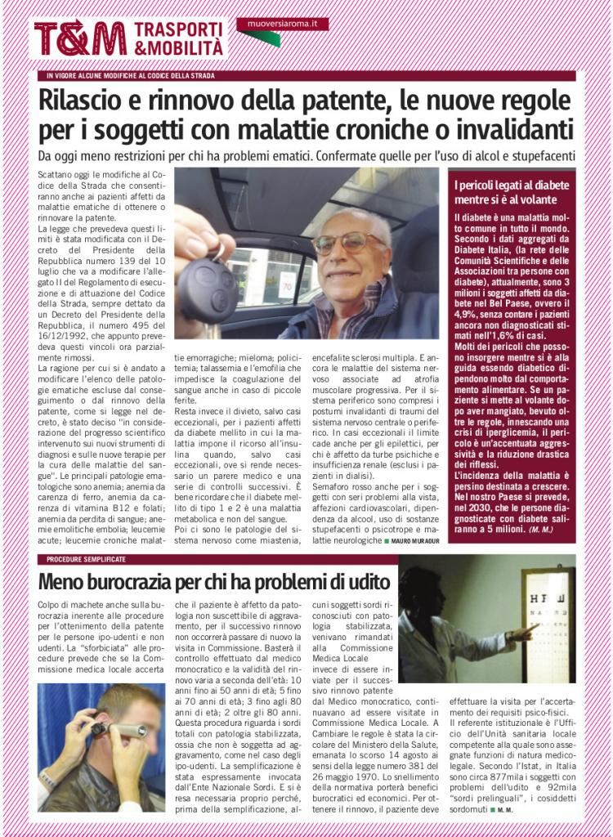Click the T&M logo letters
80,38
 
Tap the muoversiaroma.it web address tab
282,24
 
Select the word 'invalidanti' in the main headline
512,130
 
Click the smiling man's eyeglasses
349,243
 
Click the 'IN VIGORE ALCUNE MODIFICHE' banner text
131,76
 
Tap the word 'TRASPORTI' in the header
178,29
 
